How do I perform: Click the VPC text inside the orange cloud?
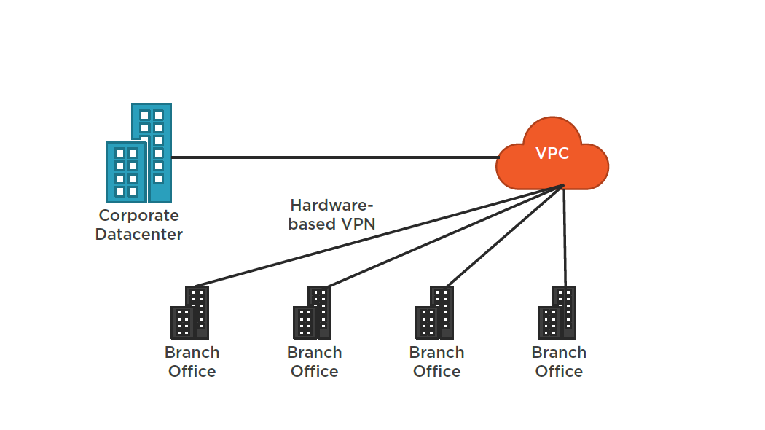click(552, 154)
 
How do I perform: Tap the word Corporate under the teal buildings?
click(138, 216)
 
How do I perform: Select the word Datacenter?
click(138, 235)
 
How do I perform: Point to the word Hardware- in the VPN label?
click(331, 205)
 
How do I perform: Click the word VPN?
click(358, 224)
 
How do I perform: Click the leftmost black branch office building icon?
click(190, 313)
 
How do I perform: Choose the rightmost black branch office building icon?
click(557, 313)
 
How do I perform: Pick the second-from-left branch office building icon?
click(313, 313)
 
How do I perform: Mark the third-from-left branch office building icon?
click(435, 313)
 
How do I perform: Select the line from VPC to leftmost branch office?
click(379, 235)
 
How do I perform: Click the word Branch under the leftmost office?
click(192, 353)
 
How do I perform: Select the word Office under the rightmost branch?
click(559, 372)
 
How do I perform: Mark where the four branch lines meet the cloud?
click(563, 187)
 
